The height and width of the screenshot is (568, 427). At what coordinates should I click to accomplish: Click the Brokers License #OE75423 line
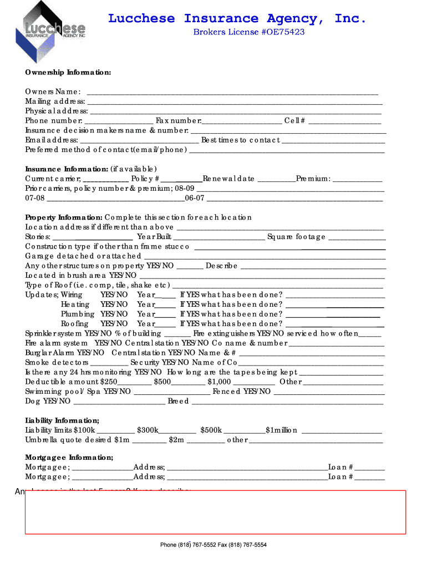click(x=248, y=32)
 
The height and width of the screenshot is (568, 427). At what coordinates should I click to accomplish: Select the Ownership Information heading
click(x=68, y=73)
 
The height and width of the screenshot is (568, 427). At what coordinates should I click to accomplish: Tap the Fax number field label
click(x=179, y=121)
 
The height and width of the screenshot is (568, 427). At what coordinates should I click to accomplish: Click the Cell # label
click(x=294, y=121)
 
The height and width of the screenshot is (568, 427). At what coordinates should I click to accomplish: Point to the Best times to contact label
click(x=241, y=140)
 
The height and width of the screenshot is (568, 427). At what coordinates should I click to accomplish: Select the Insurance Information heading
click(x=67, y=169)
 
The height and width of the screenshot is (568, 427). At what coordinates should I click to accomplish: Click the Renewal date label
click(x=228, y=179)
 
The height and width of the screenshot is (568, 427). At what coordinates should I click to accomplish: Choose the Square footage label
click(x=296, y=237)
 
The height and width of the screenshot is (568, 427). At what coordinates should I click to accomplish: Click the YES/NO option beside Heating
click(x=114, y=305)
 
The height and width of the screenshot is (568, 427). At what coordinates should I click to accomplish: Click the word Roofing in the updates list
click(x=74, y=323)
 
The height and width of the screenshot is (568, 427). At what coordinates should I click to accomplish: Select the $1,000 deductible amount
click(x=219, y=382)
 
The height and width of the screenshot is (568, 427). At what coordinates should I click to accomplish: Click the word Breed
click(x=178, y=401)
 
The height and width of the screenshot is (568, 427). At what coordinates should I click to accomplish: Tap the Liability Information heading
click(x=62, y=420)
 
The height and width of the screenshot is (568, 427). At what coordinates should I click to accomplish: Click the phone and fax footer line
click(x=213, y=545)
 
